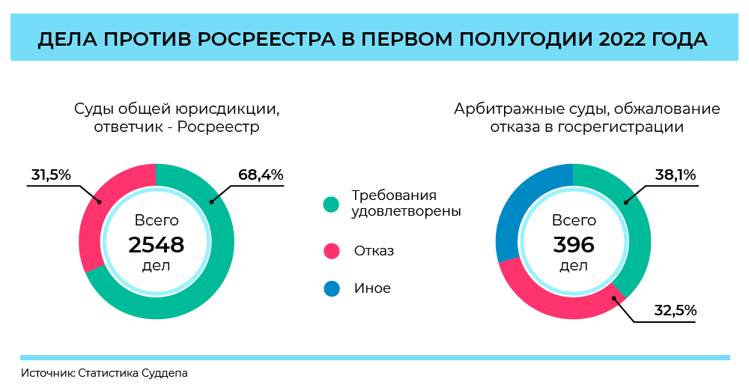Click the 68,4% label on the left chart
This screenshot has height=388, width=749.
click(261, 175)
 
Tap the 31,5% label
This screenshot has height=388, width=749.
click(51, 175)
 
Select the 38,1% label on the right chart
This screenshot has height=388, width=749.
click(676, 175)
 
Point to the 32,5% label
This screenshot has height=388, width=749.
click(676, 310)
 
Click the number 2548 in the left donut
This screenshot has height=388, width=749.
click(157, 245)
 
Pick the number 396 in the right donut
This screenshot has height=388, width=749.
click(574, 245)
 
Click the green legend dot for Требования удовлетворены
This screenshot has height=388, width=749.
click(331, 204)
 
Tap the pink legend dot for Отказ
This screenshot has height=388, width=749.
click(331, 251)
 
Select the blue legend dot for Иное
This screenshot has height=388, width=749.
click(331, 288)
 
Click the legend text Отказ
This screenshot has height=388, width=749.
click(374, 251)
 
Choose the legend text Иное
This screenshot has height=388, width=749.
click(372, 288)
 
